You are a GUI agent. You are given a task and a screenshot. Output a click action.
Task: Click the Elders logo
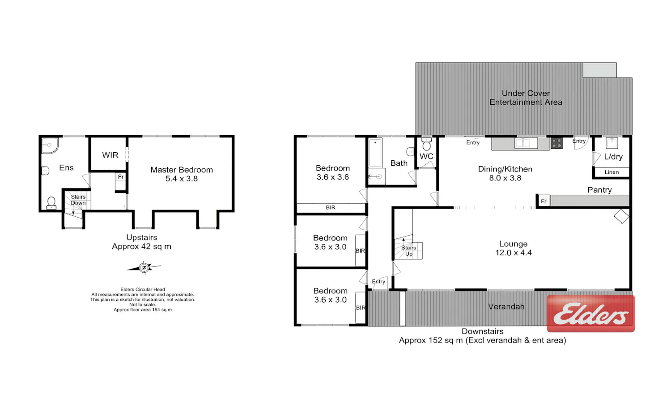pos(591,313)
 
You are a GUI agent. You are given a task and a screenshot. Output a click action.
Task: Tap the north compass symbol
pos(144,268)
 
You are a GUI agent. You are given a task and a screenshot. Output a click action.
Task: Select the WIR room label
pos(110,155)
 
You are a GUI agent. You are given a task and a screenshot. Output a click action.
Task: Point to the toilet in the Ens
pos(51,203)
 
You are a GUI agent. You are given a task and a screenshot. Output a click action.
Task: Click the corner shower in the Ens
pos(50,146)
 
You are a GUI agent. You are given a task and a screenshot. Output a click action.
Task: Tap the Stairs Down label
pos(78,200)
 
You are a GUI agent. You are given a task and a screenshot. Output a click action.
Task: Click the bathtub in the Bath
pos(375,153)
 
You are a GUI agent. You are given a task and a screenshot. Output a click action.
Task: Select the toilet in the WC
pos(426,145)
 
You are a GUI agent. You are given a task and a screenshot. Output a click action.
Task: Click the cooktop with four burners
pos(557,143)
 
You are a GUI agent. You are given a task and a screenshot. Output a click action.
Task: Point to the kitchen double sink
pos(526,143)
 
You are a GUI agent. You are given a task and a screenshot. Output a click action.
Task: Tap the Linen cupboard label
pos(612,172)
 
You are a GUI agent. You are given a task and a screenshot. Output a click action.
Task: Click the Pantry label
pos(599,190)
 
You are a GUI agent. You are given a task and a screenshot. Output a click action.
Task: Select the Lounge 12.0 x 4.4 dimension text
pos(514,253)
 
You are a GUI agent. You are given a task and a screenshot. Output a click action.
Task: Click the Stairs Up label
pos(408,251)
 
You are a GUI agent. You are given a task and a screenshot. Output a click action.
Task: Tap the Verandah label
pos(506,307)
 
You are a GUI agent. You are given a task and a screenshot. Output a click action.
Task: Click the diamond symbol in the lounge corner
pos(621,216)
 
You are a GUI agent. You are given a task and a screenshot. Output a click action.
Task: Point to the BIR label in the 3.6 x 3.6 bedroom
pos(331,208)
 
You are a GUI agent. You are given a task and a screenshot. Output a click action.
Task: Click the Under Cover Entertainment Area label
pos(526,98)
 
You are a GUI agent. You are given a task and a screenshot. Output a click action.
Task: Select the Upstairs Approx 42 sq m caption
pos(142,242)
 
